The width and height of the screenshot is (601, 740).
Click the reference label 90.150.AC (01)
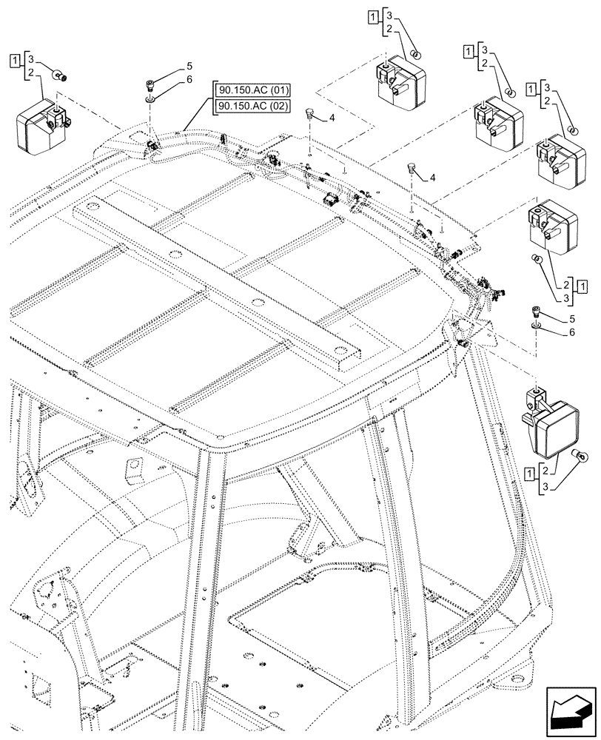252,91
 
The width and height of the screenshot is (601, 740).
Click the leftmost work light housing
41,123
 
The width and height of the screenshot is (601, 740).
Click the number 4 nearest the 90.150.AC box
332,118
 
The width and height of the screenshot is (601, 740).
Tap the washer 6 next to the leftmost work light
151,96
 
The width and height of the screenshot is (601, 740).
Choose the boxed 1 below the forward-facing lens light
531,471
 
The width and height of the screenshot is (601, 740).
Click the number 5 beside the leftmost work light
169,65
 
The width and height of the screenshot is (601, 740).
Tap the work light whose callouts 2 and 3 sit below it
546,225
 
